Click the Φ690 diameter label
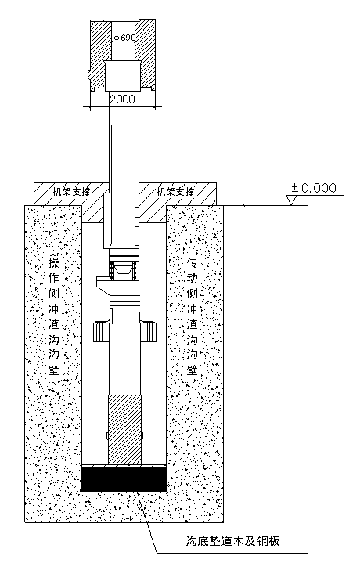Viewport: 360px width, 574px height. (124, 38)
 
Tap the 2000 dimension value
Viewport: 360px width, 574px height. (123, 99)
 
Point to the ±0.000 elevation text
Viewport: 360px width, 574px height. (314, 188)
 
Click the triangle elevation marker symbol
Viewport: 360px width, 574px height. (293, 200)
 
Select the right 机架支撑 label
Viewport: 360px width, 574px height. (175, 191)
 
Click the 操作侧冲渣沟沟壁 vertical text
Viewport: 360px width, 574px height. (54, 316)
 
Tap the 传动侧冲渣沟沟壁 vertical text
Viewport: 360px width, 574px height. (193, 316)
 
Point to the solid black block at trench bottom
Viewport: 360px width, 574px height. (124, 479)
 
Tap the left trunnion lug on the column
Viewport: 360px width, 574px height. (101, 331)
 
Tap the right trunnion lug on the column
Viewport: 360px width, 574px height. (148, 331)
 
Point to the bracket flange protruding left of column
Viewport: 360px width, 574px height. (103, 283)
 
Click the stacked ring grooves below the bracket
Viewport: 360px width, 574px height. (124, 300)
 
